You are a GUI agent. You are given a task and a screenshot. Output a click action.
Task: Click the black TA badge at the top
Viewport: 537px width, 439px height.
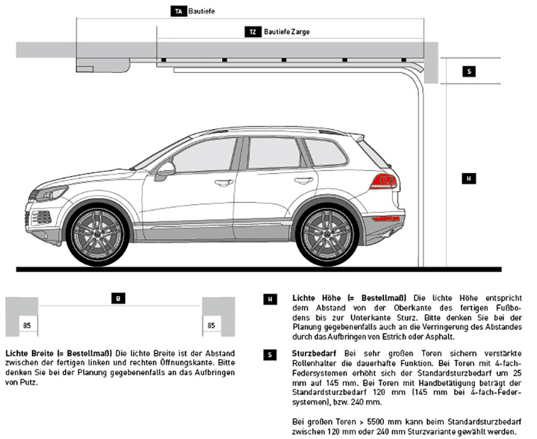pos(179,11)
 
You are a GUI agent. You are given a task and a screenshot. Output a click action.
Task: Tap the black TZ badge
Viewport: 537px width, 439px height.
pos(253,31)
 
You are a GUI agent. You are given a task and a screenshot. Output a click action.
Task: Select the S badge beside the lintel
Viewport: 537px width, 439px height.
pos(469,72)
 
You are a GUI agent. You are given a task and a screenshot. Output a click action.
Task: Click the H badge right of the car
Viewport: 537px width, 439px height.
pos(469,179)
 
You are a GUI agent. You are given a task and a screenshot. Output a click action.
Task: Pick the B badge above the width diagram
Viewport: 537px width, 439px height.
pos(119,298)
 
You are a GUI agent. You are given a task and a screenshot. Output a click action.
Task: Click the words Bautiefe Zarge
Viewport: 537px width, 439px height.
pos(287,31)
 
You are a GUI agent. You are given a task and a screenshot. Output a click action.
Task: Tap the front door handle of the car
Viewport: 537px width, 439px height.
pos(224,182)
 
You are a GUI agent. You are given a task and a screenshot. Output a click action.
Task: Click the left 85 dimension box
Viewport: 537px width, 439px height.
pos(27,325)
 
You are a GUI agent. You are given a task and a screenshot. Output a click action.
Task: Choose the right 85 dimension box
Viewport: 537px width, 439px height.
pos(210,325)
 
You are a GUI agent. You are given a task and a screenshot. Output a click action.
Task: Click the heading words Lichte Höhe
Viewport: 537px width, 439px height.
pos(315,298)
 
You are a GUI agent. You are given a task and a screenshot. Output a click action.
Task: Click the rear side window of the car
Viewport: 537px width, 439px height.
pos(325,151)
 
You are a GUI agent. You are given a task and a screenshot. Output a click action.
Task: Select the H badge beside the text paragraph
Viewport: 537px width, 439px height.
pos(270,298)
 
